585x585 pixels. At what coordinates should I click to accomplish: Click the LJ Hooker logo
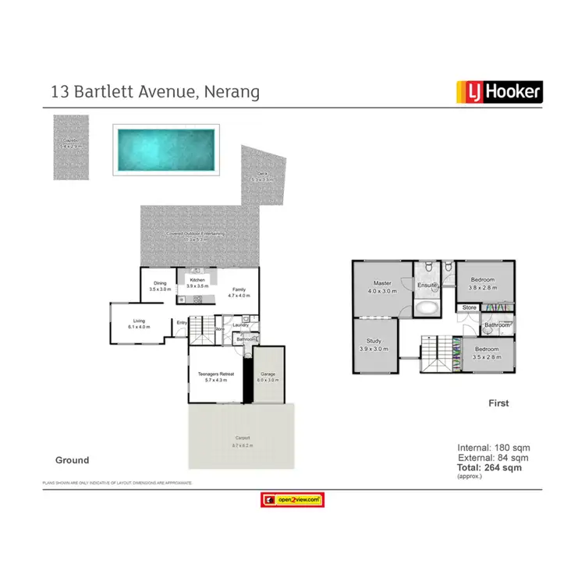click(498, 92)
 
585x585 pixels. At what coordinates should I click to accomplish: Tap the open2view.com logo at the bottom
click(292, 500)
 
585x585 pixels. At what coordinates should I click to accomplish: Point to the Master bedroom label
click(382, 286)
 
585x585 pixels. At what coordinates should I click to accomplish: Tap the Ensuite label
click(427, 285)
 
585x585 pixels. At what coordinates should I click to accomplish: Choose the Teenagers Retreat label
click(214, 377)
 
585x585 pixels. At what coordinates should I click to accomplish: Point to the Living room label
click(139, 323)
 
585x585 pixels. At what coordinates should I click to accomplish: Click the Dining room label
click(160, 285)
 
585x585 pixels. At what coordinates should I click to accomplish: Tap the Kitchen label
click(197, 282)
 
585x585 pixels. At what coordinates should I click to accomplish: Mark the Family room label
click(238, 292)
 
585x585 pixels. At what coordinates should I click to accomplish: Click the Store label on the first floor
click(469, 307)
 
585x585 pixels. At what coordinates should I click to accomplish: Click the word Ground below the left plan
click(72, 460)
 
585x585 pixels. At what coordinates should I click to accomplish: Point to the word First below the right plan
click(498, 403)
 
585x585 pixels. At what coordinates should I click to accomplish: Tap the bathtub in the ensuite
click(427, 307)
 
